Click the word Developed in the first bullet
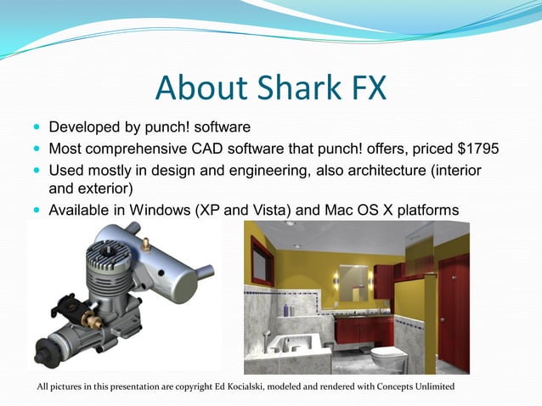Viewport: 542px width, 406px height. pos(84,128)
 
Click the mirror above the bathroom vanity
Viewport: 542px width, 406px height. pos(353,279)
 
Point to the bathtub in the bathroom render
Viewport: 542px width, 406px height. pos(293,348)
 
